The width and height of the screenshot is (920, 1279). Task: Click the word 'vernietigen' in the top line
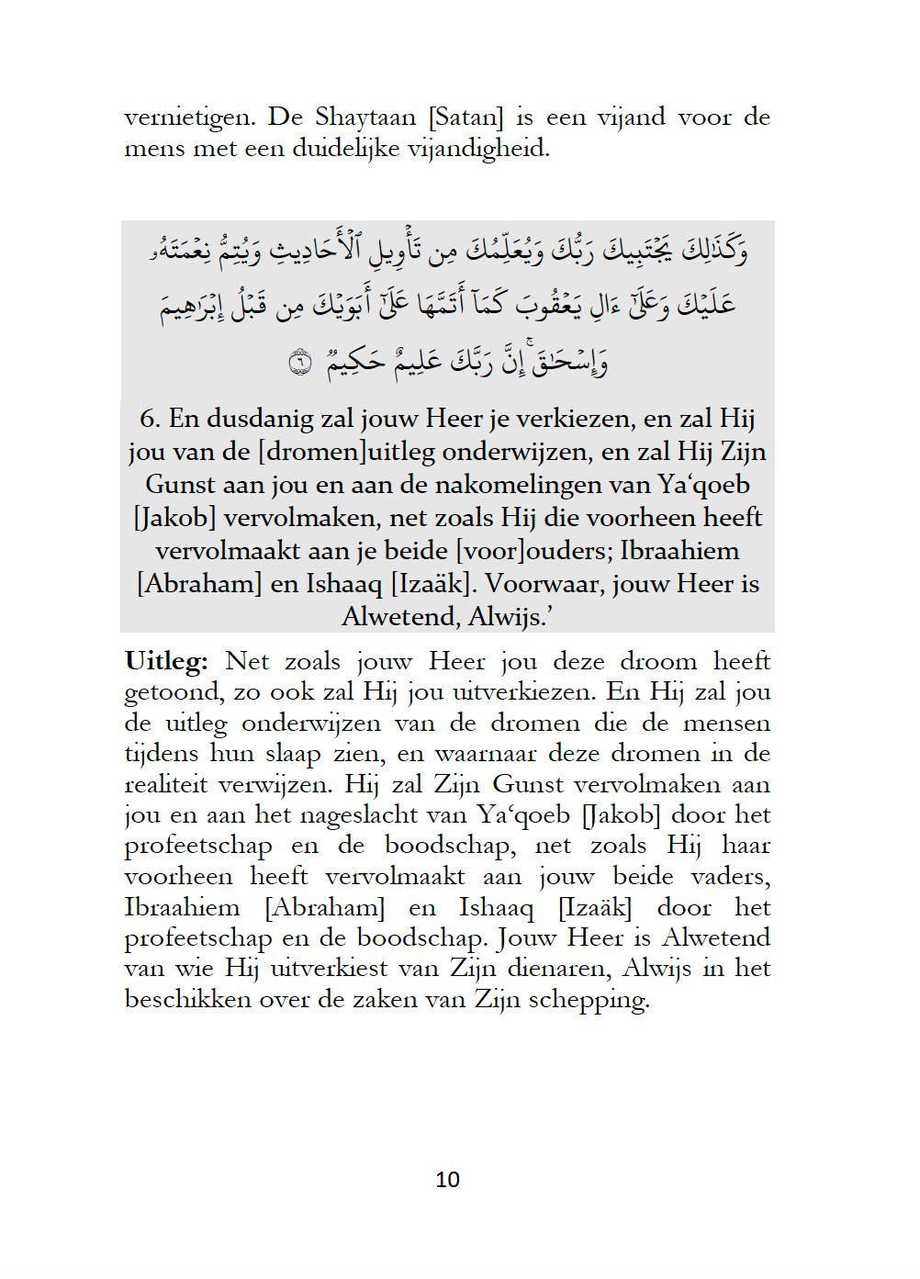tap(188, 118)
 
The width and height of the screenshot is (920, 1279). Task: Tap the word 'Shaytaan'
tap(365, 118)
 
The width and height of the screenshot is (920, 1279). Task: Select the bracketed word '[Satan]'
tap(466, 118)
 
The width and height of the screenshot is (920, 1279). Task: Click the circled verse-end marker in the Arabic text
tap(300, 362)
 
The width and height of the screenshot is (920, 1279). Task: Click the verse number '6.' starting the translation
tap(151, 419)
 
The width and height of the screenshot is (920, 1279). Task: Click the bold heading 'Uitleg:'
tap(166, 661)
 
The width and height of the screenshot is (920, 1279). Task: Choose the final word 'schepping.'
tap(589, 1000)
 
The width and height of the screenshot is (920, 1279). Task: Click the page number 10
tap(447, 1180)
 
